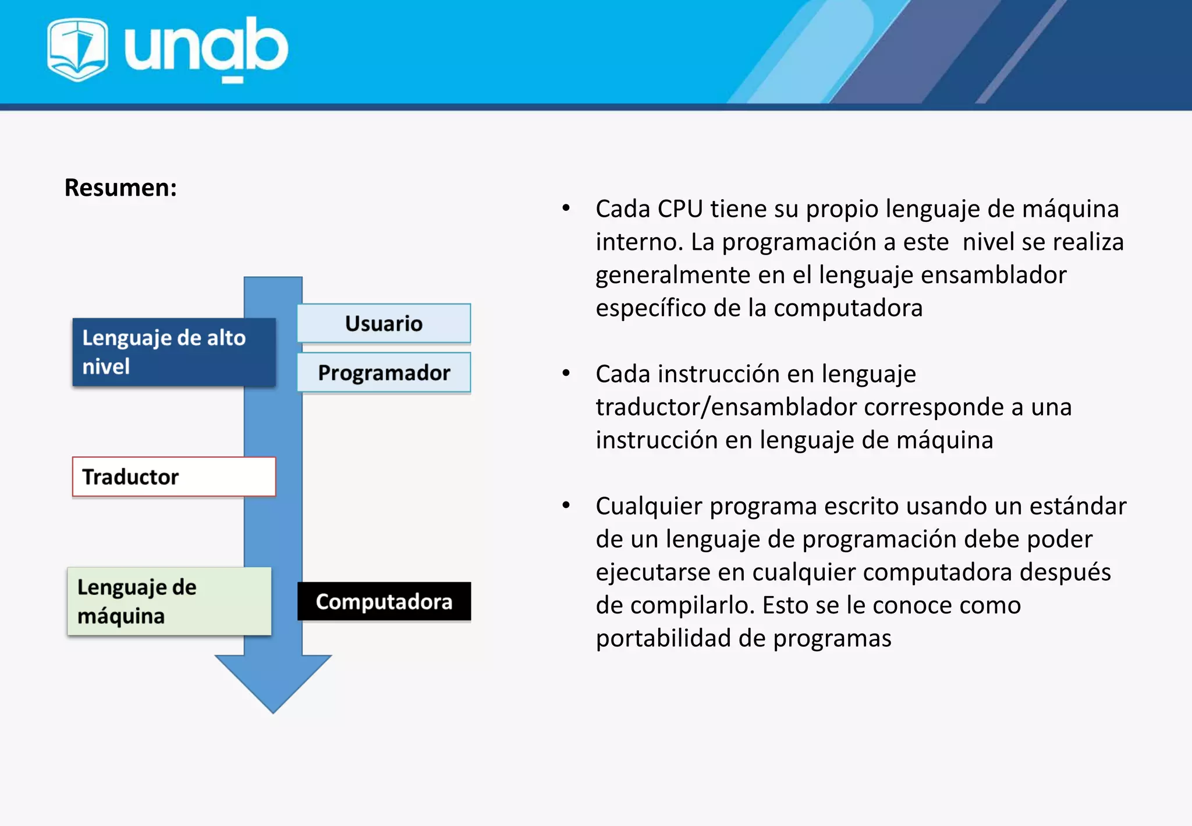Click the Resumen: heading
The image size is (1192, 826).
120,188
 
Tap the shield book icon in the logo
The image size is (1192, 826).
77,49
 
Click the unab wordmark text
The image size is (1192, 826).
206,48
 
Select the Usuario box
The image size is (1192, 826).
384,323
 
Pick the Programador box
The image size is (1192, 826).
384,373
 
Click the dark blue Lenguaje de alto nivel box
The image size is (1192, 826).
173,352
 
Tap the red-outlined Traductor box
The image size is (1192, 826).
173,476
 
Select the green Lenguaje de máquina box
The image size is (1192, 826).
169,601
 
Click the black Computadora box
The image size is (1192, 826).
384,602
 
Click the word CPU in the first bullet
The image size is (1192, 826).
680,209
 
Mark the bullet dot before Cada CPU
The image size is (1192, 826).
566,208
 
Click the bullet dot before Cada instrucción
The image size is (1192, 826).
566,373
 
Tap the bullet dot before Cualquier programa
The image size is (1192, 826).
566,506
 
